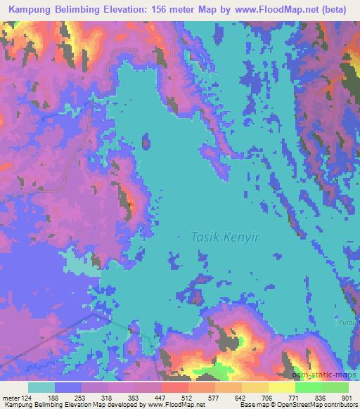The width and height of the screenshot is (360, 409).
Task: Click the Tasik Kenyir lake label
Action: tap(225, 238)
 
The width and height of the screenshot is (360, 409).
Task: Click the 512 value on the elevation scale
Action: tap(187, 397)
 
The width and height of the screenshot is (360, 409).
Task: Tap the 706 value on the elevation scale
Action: tap(266, 397)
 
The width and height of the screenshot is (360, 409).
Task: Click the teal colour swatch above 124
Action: tap(41, 387)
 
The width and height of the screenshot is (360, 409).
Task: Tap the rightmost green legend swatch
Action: tap(335, 387)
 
